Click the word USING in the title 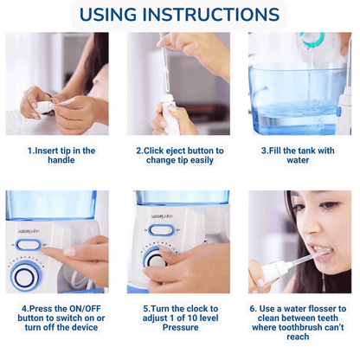(108, 15)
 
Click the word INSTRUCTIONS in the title (211, 15)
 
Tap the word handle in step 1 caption (61, 160)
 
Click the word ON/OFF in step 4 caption (85, 309)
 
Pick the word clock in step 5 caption (197, 309)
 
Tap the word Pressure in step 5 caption (181, 327)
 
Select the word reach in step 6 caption (298, 337)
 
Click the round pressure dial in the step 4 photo (25, 277)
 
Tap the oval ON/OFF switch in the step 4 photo (28, 245)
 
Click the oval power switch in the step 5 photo (161, 230)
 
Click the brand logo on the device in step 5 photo (161, 216)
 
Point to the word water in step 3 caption (298, 160)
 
